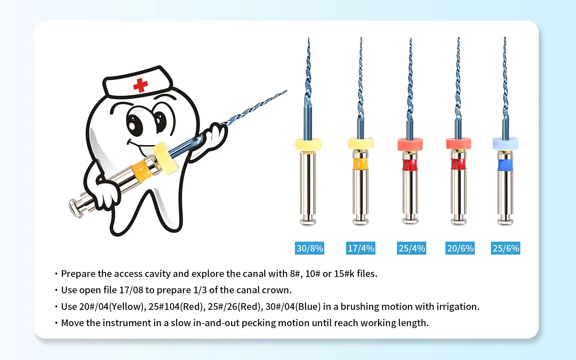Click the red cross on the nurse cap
(x=140, y=85)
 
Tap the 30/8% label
(x=309, y=248)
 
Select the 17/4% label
(x=360, y=248)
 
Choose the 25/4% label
(x=411, y=248)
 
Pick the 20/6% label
(x=460, y=248)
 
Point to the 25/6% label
(x=505, y=248)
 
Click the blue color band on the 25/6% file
(x=505, y=165)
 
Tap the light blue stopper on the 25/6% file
(x=505, y=144)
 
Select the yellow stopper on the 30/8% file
(x=308, y=144)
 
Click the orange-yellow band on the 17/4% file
(x=360, y=164)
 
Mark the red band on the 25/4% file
(x=410, y=165)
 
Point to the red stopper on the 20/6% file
(x=459, y=144)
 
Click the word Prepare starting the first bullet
(x=78, y=274)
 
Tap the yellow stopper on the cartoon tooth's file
(x=165, y=158)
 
